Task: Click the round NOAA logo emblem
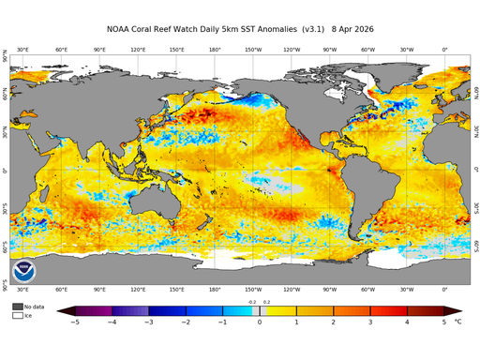(24, 271)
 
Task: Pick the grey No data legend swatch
(17, 307)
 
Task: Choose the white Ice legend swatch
(17, 316)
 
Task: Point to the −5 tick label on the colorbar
(73, 322)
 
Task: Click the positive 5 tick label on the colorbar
(444, 322)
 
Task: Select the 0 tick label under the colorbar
(259, 322)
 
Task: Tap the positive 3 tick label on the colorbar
(370, 322)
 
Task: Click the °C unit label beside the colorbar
(458, 322)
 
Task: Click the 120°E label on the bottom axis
(138, 290)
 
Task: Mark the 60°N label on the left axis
(6, 95)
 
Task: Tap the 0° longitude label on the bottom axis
(444, 290)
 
